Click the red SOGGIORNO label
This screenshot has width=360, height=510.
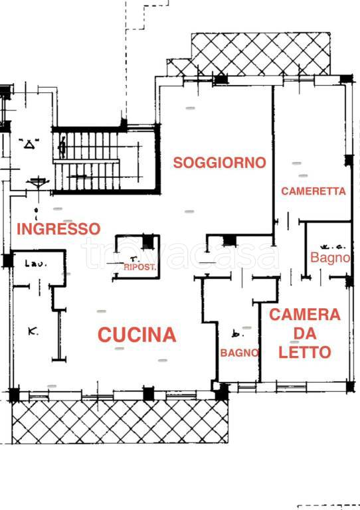click(219, 162)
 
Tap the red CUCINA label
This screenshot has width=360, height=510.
click(137, 335)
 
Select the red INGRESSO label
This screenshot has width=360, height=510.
click(58, 229)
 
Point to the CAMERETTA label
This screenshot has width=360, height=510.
click(314, 191)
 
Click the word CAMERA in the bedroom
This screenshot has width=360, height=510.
click(304, 315)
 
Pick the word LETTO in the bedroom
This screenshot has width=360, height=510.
click(304, 353)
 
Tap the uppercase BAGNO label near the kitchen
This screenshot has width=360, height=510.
click(239, 353)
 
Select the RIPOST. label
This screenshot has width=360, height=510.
click(140, 268)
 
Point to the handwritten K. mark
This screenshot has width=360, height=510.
click(33, 329)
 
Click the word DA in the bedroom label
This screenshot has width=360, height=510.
click(304, 333)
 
